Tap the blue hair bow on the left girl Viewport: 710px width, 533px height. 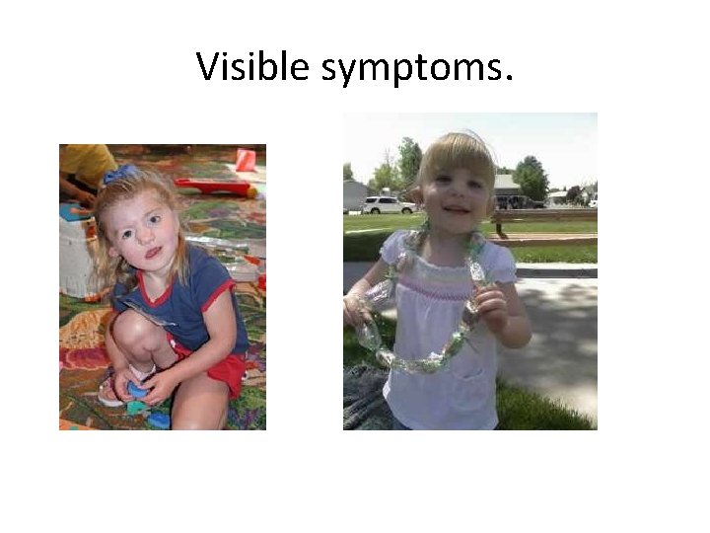[120, 175]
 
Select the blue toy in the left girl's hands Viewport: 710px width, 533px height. [138, 391]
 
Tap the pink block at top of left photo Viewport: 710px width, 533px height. [246, 160]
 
